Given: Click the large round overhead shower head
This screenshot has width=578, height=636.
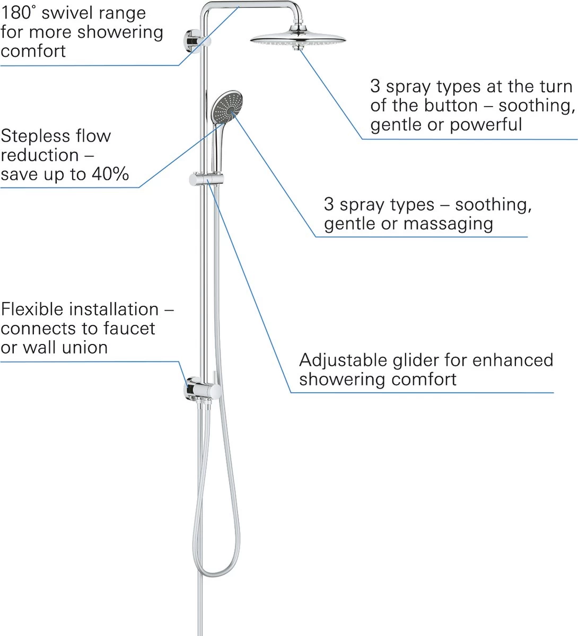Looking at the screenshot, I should (298, 38).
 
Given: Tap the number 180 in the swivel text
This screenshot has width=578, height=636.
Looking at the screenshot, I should (14, 13).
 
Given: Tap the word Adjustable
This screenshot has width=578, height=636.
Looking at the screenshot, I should (343, 360).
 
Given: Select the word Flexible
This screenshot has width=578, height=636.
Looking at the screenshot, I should (32, 310).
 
